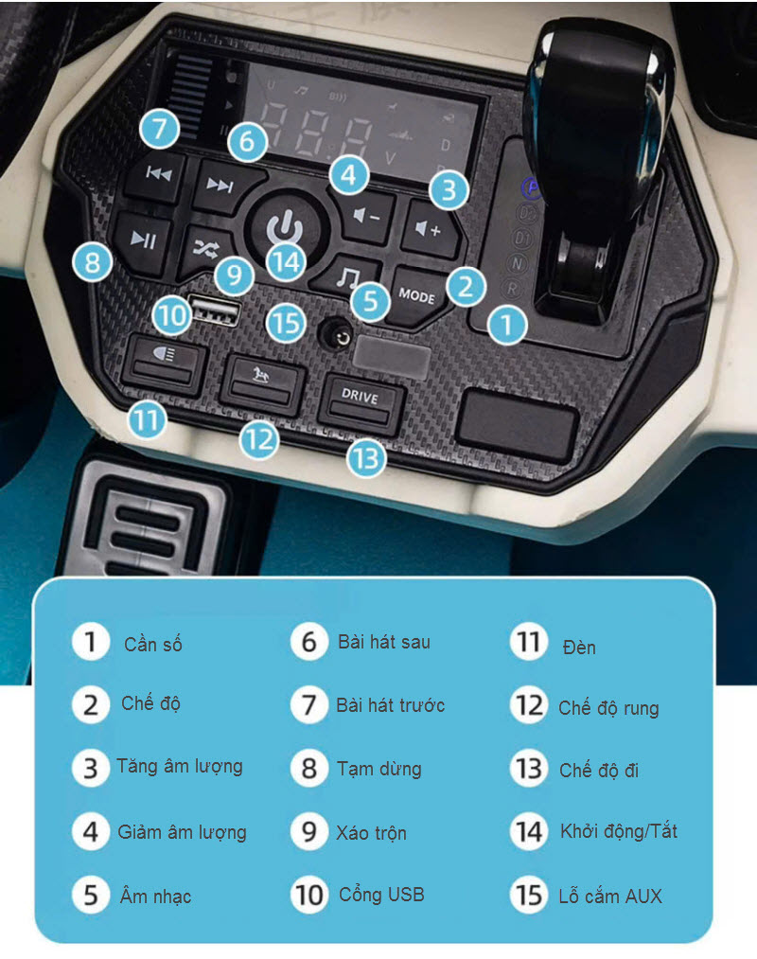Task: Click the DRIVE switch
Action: tap(361, 404)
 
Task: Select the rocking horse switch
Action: tap(262, 383)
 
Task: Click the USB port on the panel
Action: tap(215, 310)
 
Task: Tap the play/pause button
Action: tap(143, 241)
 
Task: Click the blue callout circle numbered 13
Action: tap(366, 459)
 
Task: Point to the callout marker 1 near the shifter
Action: tap(507, 324)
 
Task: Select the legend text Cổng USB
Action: tap(381, 895)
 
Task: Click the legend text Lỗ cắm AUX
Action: tap(610, 896)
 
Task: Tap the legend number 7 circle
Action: tap(308, 704)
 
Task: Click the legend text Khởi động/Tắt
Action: tap(619, 831)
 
